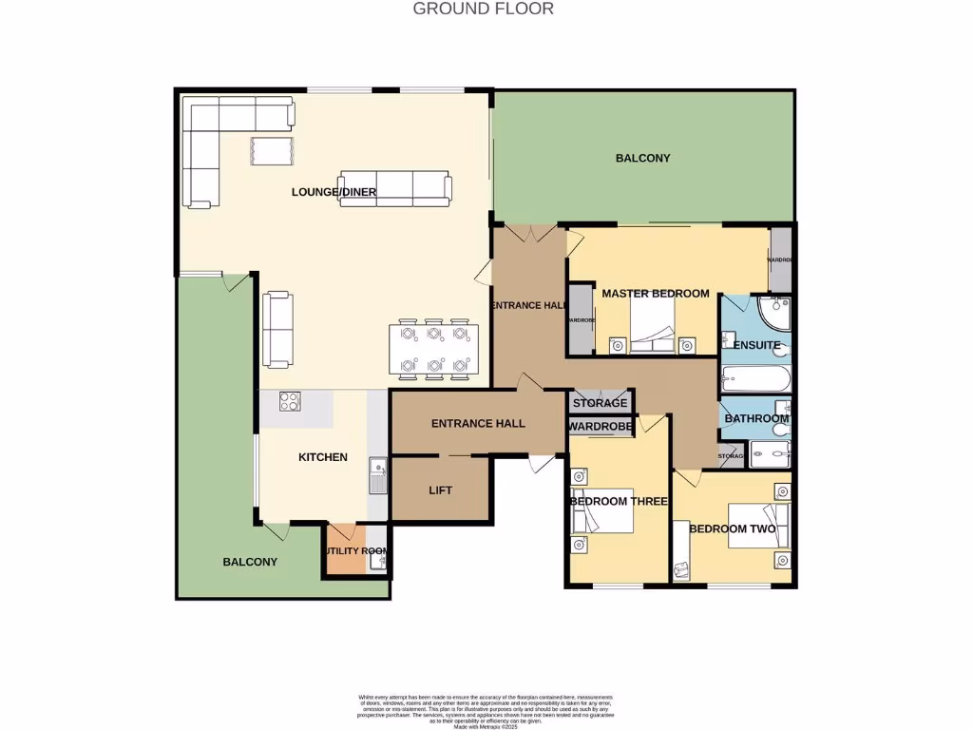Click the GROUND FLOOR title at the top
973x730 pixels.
[x=483, y=9]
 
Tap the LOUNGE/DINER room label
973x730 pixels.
[x=334, y=192]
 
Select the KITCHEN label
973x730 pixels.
[x=323, y=457]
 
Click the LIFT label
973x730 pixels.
[x=441, y=490]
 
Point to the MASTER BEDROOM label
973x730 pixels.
[x=656, y=293]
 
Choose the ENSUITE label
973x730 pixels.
[x=757, y=345]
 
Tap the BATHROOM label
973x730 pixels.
[x=756, y=418]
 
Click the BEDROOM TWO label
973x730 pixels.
[x=732, y=528]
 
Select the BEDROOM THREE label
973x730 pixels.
[x=615, y=501]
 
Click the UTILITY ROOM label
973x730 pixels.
[x=355, y=551]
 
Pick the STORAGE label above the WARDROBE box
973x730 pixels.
[x=600, y=403]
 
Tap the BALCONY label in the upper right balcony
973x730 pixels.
[x=643, y=158]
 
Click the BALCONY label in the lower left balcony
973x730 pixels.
[x=250, y=562]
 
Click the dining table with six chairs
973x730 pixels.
[x=433, y=349]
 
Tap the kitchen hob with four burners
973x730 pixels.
[x=290, y=402]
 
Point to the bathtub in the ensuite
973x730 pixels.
[x=755, y=380]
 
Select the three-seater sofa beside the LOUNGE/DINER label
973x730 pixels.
[x=395, y=188]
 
